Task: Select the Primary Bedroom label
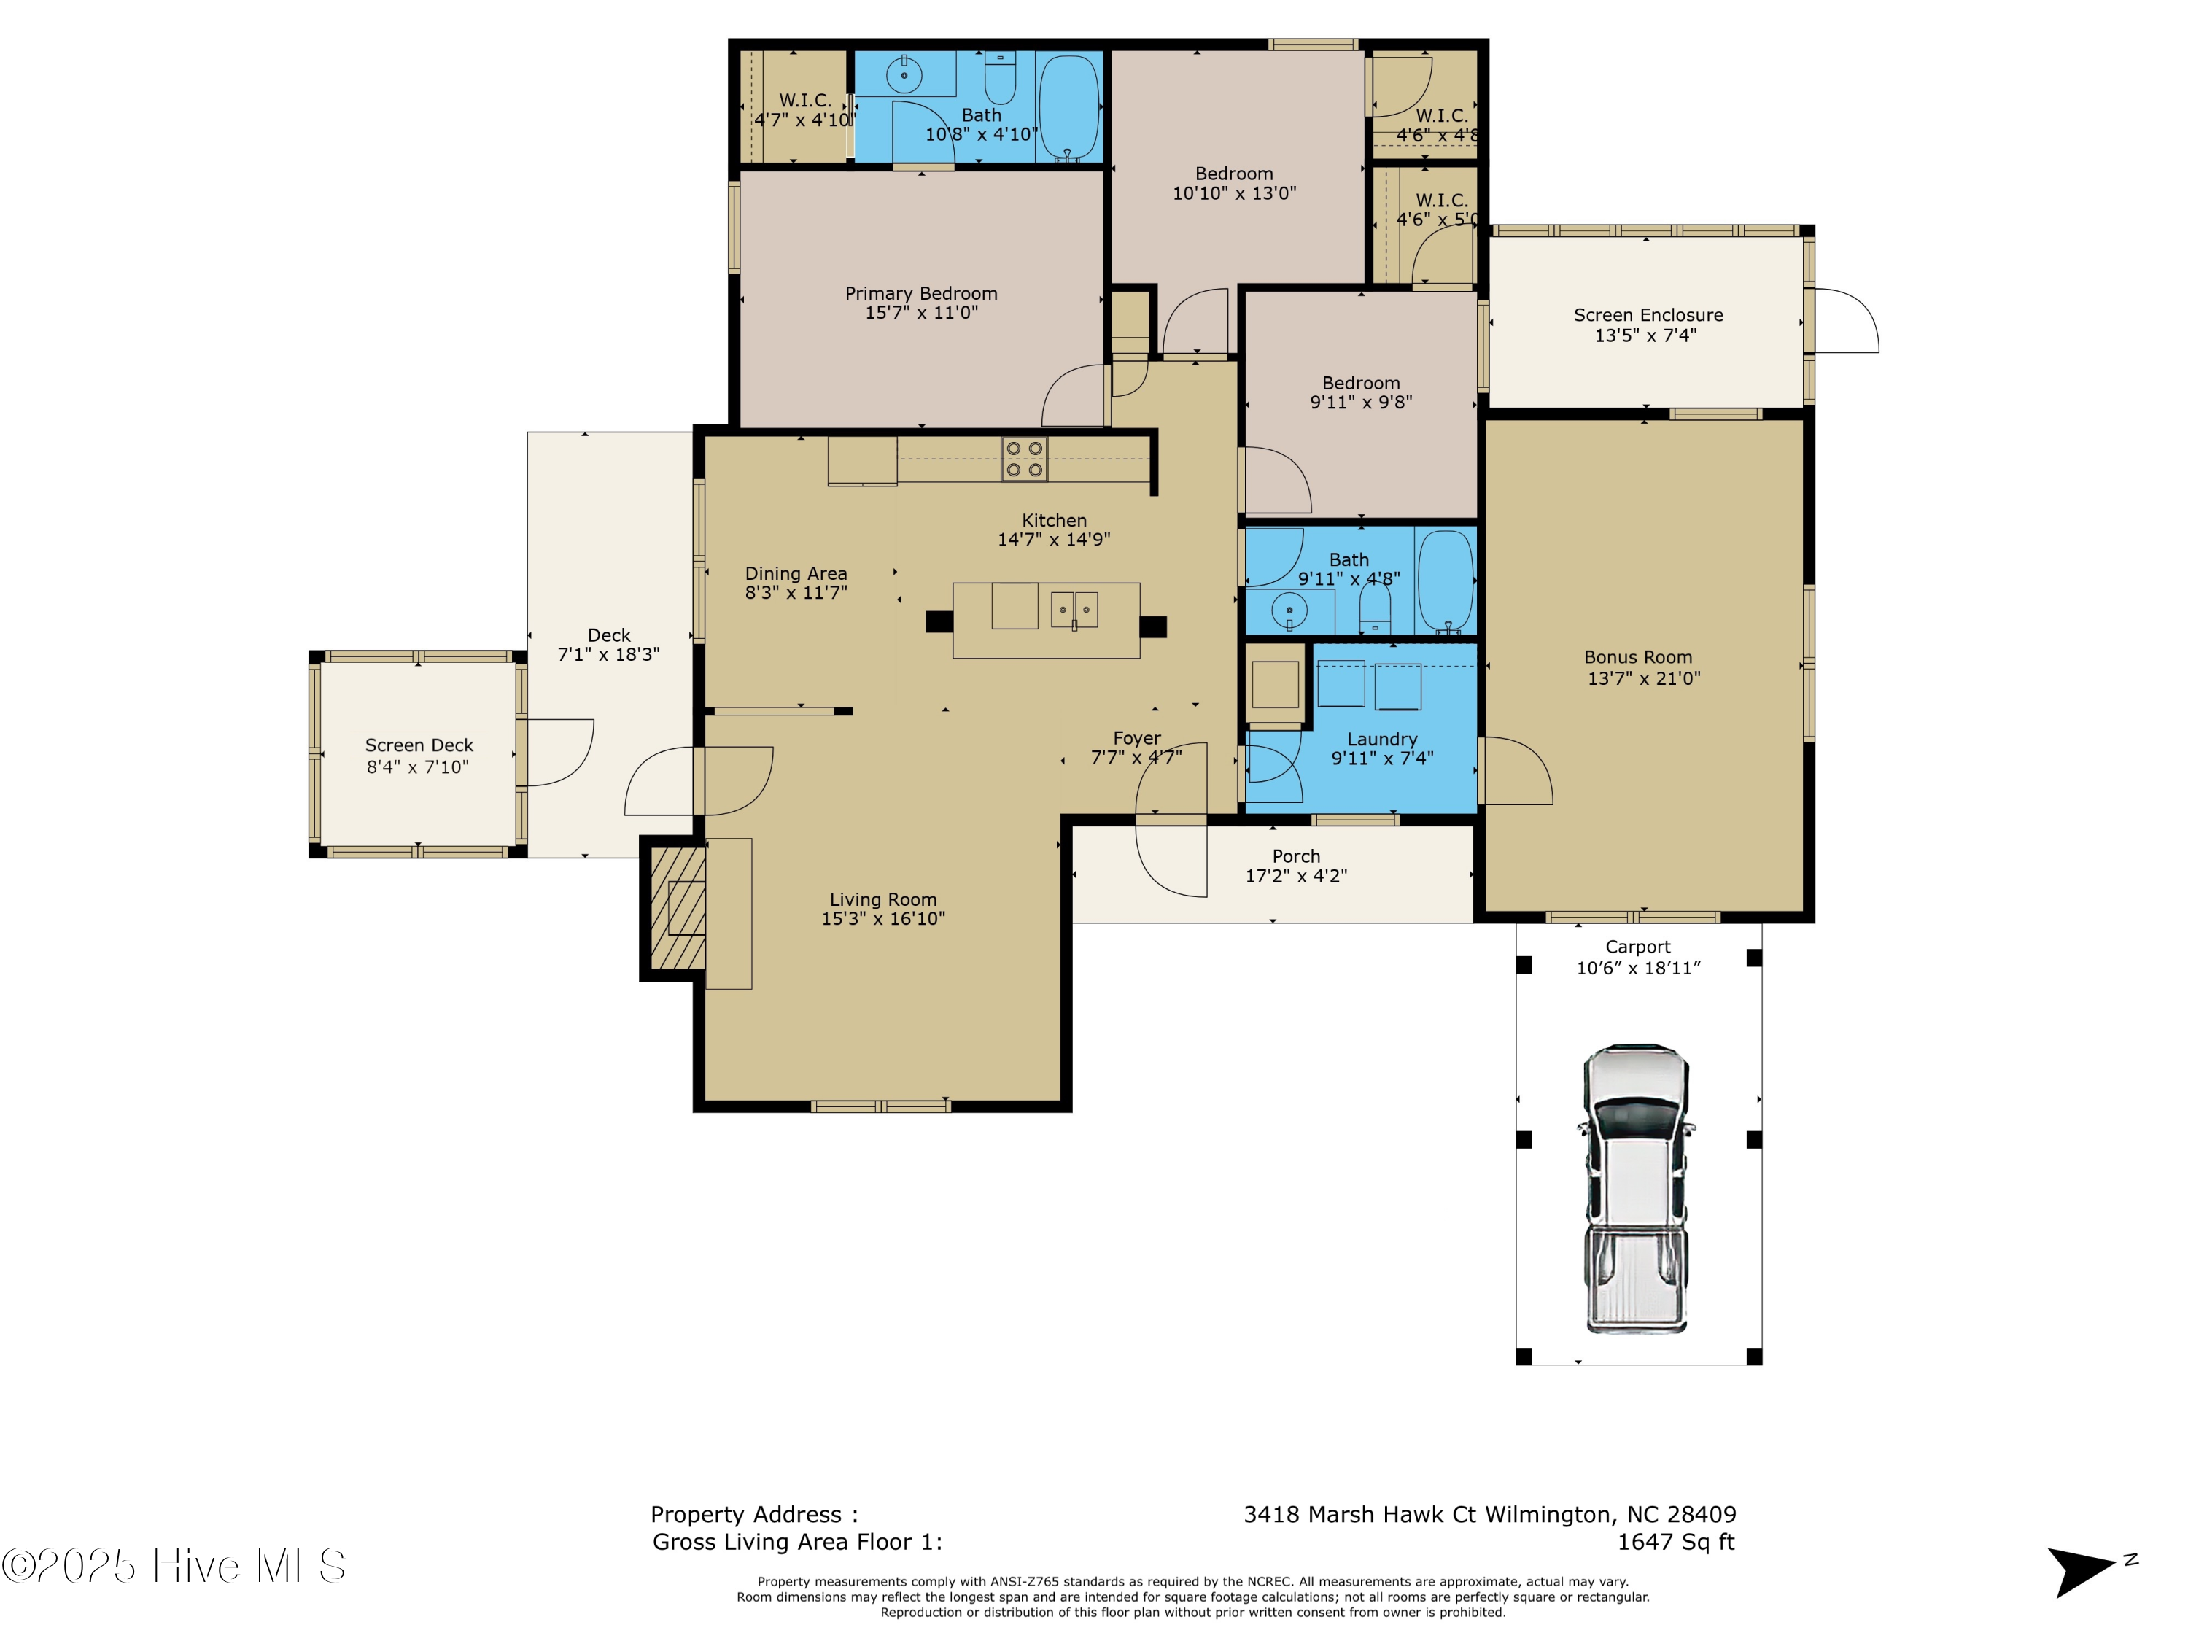click(x=921, y=294)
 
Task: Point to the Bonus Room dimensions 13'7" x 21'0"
click(x=1644, y=678)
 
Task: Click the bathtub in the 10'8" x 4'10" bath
click(x=1069, y=106)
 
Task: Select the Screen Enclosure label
click(x=1648, y=316)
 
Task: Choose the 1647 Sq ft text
click(x=1675, y=1542)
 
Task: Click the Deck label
click(x=608, y=635)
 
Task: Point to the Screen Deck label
click(x=419, y=746)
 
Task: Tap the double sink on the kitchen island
click(x=1074, y=608)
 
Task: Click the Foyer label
click(x=1136, y=739)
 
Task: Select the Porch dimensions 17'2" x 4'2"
click(x=1296, y=877)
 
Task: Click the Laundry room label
click(x=1382, y=740)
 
